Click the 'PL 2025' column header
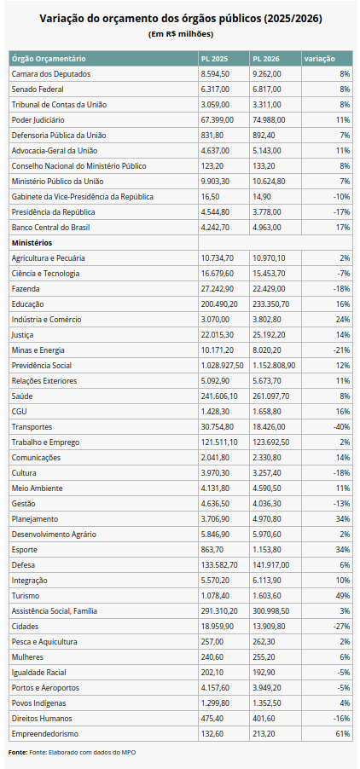pos(214,59)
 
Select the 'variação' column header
pos(319,59)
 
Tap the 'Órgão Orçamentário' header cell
pos(49,59)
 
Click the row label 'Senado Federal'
pos(38,90)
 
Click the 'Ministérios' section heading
pos(32,243)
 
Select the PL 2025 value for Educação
pos(219,304)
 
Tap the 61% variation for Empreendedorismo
pos(342,734)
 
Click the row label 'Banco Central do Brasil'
pos(51,227)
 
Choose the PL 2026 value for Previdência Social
pos(274,366)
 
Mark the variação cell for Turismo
pos(342,595)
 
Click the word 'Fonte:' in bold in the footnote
pos(18,752)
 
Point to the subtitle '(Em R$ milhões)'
pos(180,34)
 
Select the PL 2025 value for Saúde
pos(219,396)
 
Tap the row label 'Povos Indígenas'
pos(38,703)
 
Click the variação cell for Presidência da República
pos(341,212)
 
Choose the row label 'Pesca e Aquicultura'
pos(44,641)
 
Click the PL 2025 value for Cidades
pos(218,627)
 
